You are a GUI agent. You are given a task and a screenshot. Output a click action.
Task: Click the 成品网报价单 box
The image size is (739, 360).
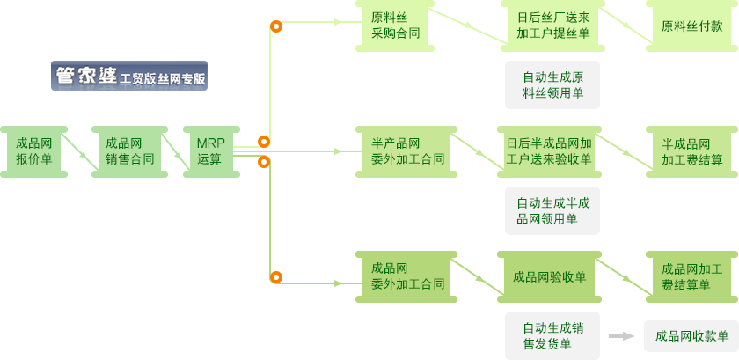(x=34, y=151)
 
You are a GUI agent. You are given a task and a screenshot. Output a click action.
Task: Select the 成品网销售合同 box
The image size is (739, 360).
(x=129, y=151)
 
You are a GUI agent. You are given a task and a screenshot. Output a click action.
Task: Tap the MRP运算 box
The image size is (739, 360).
(x=210, y=151)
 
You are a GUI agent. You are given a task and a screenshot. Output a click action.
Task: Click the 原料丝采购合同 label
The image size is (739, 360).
(x=395, y=26)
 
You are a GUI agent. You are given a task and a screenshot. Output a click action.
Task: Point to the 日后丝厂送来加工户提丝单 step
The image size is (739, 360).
(x=552, y=26)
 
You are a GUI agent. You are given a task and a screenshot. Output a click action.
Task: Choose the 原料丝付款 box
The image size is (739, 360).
(x=691, y=26)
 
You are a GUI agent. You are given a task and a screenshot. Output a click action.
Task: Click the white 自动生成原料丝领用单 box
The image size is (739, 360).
(x=552, y=84)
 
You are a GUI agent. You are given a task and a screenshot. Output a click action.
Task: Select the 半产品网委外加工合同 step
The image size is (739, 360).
(x=406, y=151)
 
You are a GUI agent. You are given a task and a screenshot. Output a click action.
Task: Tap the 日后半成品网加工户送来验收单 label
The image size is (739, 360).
(x=548, y=151)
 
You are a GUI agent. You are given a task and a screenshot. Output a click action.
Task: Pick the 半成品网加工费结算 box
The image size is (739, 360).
(x=691, y=152)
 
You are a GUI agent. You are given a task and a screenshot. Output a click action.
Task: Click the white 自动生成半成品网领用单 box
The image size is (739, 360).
(x=552, y=210)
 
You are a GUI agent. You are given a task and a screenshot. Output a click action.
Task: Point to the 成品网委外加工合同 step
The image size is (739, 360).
(x=406, y=276)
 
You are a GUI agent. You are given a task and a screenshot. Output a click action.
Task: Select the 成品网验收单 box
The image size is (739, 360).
(x=549, y=277)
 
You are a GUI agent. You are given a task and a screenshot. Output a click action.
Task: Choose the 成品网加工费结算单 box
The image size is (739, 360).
(x=691, y=276)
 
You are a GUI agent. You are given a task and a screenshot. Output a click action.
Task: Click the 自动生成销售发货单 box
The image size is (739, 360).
(x=552, y=335)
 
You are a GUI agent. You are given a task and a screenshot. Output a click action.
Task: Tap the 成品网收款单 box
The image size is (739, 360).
(x=691, y=335)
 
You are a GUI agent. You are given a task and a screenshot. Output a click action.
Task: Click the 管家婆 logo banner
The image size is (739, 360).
(x=128, y=76)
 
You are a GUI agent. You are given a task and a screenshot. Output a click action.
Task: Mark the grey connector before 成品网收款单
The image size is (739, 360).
(x=621, y=335)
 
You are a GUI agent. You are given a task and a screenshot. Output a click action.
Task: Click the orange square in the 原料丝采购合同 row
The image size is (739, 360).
(x=276, y=26)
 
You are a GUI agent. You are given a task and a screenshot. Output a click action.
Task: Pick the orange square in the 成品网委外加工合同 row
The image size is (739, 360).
(x=276, y=276)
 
